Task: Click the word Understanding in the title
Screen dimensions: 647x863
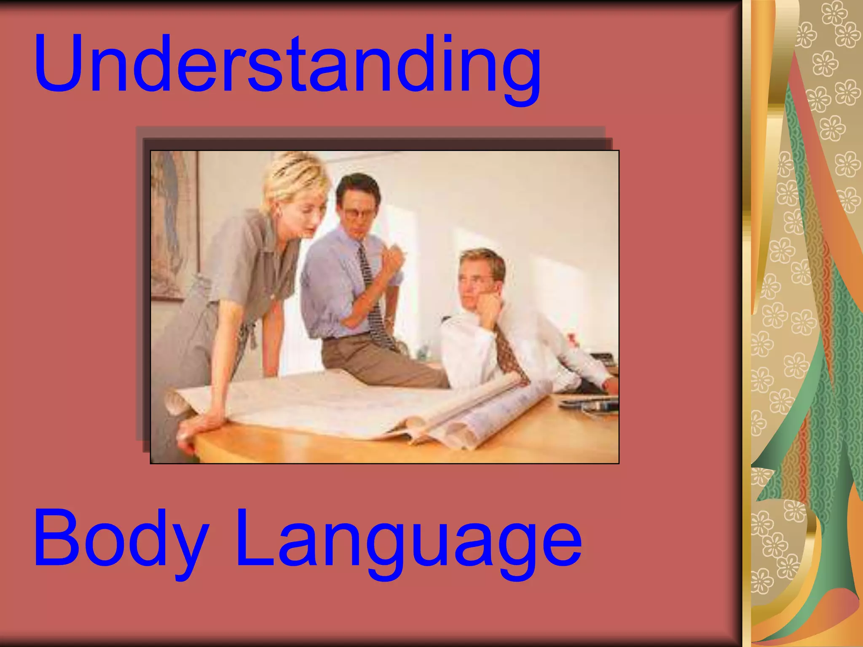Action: (x=287, y=65)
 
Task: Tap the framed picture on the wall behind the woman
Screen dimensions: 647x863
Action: (x=174, y=223)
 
